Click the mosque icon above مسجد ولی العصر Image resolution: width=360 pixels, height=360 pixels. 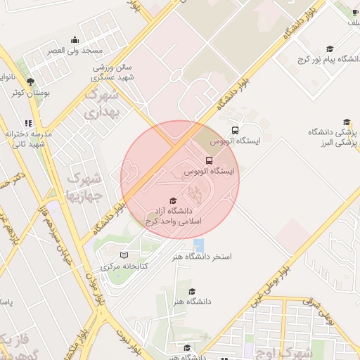(75, 39)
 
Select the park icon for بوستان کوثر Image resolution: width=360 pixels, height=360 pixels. (30, 82)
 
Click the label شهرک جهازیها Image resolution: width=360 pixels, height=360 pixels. (84, 186)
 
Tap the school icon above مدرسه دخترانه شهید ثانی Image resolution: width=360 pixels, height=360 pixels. (27, 122)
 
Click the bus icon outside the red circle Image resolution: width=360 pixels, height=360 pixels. (235, 130)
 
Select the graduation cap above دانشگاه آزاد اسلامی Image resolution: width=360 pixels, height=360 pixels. (174, 201)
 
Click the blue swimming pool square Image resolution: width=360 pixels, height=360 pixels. (199, 245)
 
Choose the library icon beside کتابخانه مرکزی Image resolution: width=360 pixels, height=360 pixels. (124, 255)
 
